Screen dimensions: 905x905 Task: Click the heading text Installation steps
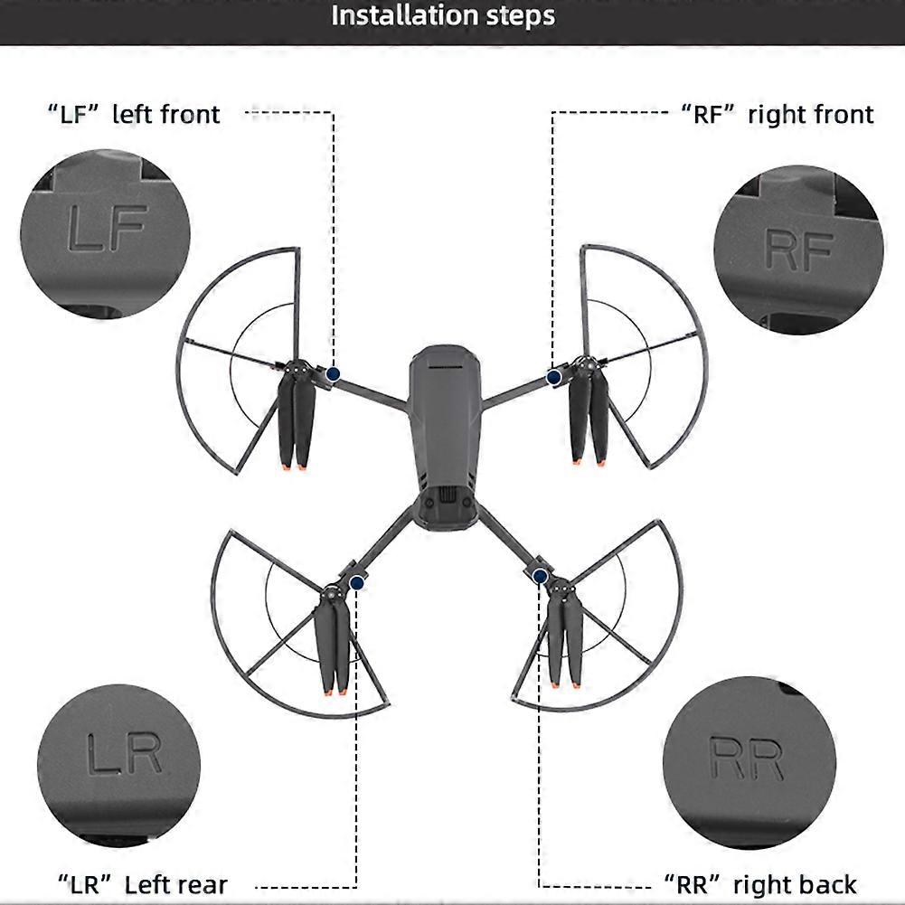tap(443, 15)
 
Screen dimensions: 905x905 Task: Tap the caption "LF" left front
tap(134, 114)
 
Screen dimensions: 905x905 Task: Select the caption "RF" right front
tap(778, 114)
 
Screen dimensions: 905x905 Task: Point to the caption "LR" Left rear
tap(143, 884)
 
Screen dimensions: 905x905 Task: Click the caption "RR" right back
tap(760, 884)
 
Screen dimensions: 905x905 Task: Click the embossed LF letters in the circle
tap(108, 228)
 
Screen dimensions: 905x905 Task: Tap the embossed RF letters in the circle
tap(799, 250)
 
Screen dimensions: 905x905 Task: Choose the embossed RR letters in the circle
tap(746, 758)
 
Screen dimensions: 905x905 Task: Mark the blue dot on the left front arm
tap(333, 374)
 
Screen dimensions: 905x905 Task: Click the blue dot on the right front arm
tap(554, 378)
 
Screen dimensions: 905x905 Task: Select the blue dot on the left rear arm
tap(357, 583)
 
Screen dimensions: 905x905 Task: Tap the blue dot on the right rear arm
tap(541, 576)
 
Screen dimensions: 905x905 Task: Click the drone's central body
tap(445, 438)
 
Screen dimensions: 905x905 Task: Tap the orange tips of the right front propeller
tap(589, 459)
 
